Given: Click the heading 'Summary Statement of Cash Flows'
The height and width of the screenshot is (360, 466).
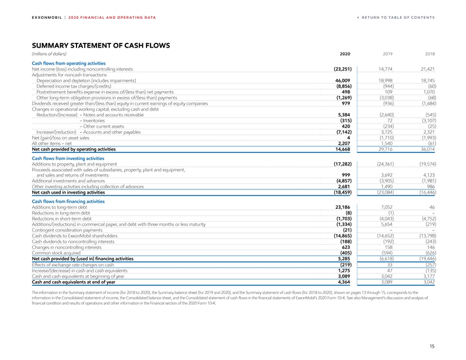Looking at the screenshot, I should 101,45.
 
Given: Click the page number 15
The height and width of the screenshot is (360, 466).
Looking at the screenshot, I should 432,346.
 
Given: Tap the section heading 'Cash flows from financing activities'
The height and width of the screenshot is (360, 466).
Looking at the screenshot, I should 68,201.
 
